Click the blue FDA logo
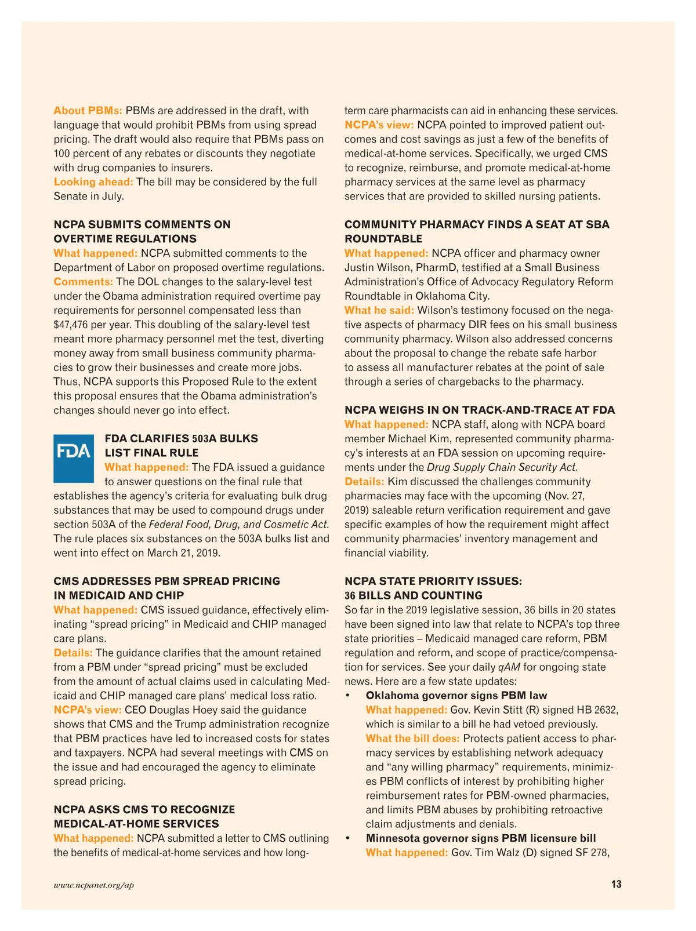pos(74,459)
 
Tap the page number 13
pos(616,884)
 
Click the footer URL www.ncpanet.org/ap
pos(94,885)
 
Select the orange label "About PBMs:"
pos(88,111)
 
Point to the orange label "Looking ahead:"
pos(93,182)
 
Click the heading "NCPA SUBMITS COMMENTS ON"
pos(142,224)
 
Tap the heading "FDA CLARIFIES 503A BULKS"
pos(182,438)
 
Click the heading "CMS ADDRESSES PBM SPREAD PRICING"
pos(167,581)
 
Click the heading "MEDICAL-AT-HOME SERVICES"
pos(136,824)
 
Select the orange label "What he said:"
pos(379,311)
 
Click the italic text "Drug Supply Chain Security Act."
pos(502,467)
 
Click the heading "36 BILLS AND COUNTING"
pos(414,595)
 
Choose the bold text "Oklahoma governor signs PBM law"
pos(456,696)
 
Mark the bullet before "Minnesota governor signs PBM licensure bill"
pos(348,838)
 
